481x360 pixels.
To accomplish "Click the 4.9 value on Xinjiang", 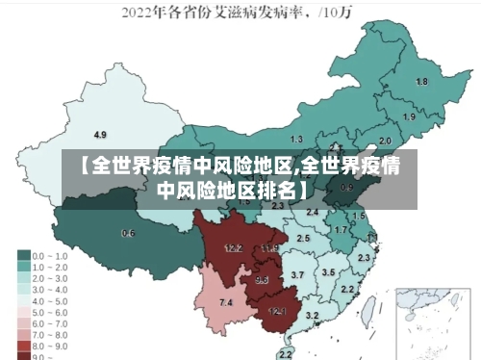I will pyautogui.click(x=100, y=134).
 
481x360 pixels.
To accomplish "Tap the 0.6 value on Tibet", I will pyautogui.click(x=128, y=233).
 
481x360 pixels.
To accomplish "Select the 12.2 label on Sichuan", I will pyautogui.click(x=233, y=248).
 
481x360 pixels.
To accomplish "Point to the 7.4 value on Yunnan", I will pyautogui.click(x=226, y=303).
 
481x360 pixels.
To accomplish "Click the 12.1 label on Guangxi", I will pyautogui.click(x=277, y=311).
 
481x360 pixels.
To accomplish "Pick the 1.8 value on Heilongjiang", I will pyautogui.click(x=421, y=82).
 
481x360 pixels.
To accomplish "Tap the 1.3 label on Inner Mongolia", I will pyautogui.click(x=296, y=140).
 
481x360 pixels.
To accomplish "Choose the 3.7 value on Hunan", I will pyautogui.click(x=297, y=275).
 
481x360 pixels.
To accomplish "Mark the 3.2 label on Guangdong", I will pyautogui.click(x=312, y=315).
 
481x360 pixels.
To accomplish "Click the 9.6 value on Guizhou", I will pyautogui.click(x=262, y=280).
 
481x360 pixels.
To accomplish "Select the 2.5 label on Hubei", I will pyautogui.click(x=303, y=237).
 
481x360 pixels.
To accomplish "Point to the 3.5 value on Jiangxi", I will pyautogui.click(x=328, y=272).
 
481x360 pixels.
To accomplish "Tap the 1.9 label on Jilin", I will pyautogui.click(x=409, y=116).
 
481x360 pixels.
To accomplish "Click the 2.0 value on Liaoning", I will pyautogui.click(x=385, y=141).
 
